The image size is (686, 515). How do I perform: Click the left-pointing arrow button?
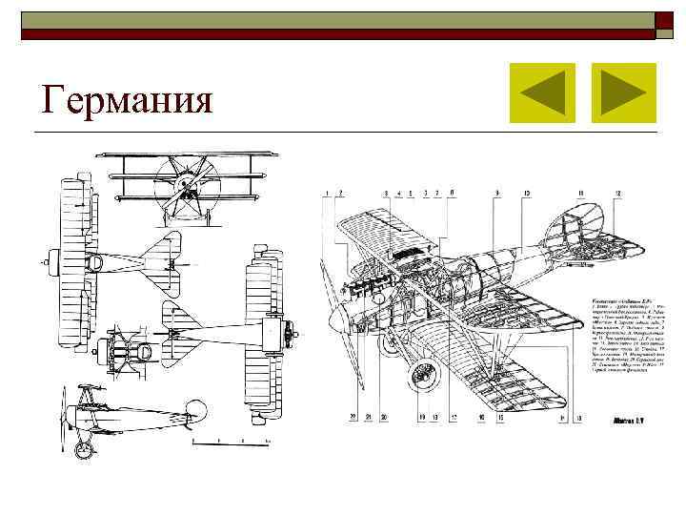click(542, 93)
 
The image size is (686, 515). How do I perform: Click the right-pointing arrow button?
click(623, 93)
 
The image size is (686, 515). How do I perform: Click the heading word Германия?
click(127, 98)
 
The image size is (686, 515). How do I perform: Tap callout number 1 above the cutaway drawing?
click(327, 194)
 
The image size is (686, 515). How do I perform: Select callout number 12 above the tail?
click(619, 194)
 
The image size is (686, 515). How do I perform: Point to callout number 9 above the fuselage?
click(496, 194)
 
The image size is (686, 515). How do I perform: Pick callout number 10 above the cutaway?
click(527, 194)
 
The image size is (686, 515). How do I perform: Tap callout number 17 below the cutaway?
click(454, 418)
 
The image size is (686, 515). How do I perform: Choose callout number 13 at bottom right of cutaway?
click(579, 418)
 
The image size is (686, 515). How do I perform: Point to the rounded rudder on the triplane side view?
click(197, 411)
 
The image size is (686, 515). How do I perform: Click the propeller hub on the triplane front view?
click(187, 181)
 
